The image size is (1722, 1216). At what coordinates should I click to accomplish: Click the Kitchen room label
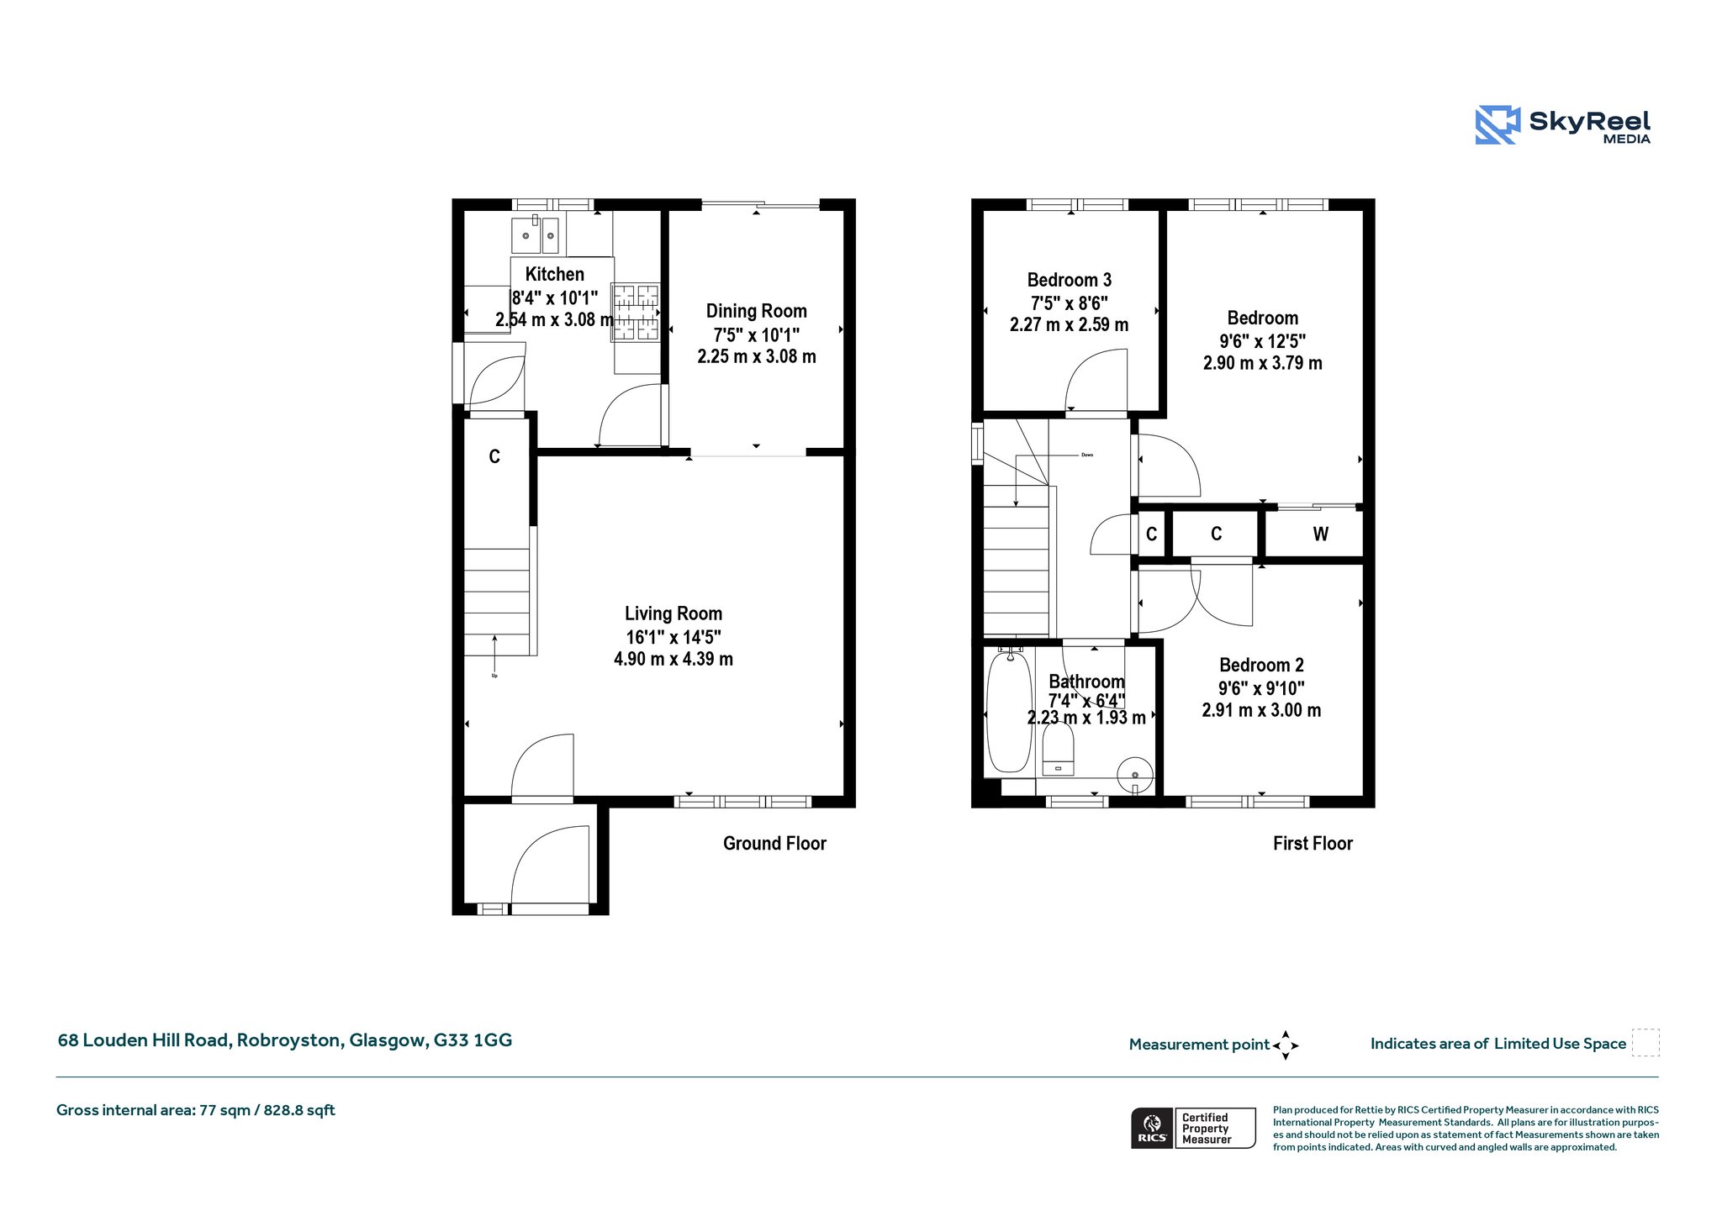click(x=554, y=274)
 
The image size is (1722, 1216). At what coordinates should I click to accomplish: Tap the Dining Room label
click(x=756, y=311)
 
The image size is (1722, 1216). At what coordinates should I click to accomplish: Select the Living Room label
click(x=673, y=613)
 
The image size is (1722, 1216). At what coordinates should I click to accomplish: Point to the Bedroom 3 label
click(x=1069, y=280)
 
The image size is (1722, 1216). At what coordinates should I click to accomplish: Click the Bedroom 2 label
click(x=1261, y=666)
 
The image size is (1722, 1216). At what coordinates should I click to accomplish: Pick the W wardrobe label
click(x=1320, y=534)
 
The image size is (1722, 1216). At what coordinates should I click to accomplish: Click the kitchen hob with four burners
click(x=636, y=313)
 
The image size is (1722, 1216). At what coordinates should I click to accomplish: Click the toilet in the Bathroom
click(x=1058, y=749)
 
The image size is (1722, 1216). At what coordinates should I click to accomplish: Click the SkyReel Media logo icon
click(x=1498, y=125)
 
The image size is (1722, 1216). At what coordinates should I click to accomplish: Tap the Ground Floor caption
click(x=774, y=844)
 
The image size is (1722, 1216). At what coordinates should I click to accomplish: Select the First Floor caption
click(x=1313, y=844)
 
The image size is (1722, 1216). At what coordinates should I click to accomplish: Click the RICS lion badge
click(x=1152, y=1128)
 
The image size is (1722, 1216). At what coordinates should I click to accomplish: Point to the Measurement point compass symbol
click(x=1286, y=1045)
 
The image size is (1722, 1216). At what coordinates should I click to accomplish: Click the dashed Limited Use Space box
click(x=1645, y=1043)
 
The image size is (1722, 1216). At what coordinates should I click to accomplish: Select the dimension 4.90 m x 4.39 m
click(x=673, y=660)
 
